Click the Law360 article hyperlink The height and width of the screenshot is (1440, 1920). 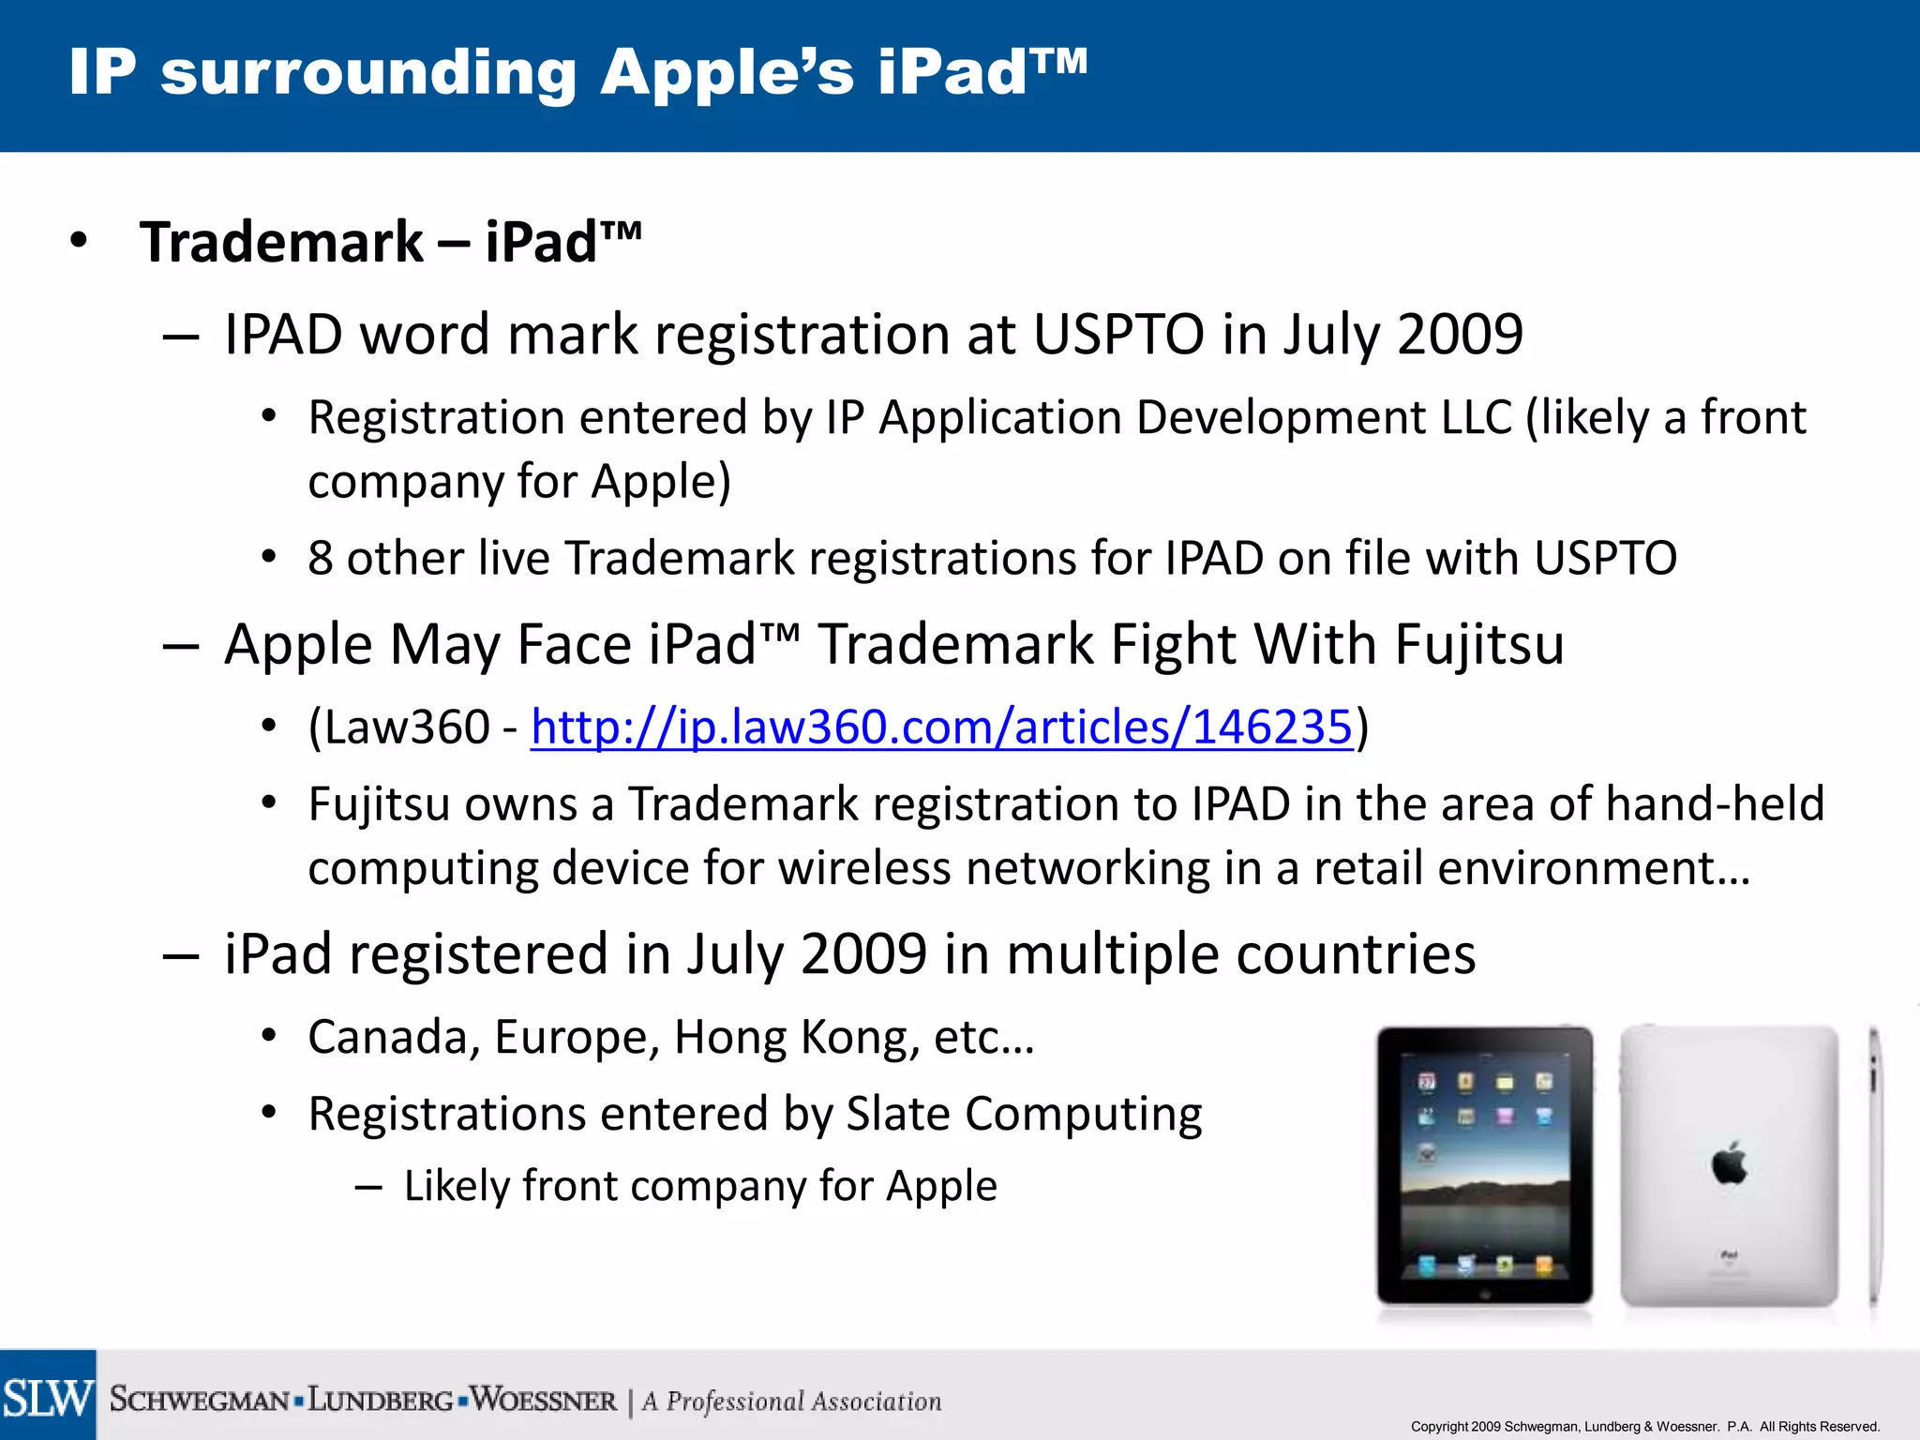(x=941, y=727)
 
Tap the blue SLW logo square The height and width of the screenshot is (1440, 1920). (x=48, y=1396)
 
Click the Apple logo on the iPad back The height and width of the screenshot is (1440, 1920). (x=1729, y=1164)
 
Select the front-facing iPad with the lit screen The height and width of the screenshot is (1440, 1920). (x=1484, y=1165)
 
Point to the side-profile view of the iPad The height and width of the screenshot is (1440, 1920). (x=1873, y=1165)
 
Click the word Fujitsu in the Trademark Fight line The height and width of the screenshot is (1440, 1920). (x=1479, y=645)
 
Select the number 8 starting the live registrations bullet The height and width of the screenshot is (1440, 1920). (x=321, y=559)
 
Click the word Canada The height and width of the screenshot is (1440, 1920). (x=384, y=1038)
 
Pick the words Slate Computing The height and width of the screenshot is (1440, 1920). (x=1024, y=1115)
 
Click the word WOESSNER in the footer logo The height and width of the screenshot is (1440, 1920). (x=544, y=1401)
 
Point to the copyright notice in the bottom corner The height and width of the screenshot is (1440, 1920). (x=1644, y=1426)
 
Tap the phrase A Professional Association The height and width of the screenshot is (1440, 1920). (x=792, y=1402)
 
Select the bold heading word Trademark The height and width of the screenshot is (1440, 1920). (x=281, y=242)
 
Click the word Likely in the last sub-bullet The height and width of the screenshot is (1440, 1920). (x=456, y=1186)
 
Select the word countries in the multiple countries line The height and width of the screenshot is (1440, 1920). (x=1356, y=954)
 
